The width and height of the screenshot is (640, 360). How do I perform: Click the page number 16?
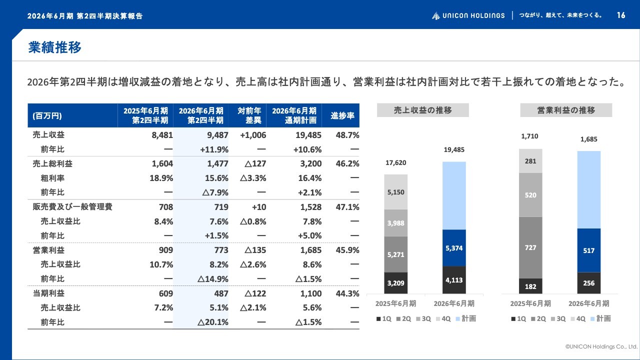pyautogui.click(x=621, y=15)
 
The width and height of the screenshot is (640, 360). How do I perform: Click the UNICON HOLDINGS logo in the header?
pyautogui.click(x=468, y=15)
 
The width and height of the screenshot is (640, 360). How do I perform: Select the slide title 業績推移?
pyautogui.click(x=54, y=47)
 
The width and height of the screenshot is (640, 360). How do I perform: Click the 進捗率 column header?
pyautogui.click(x=342, y=115)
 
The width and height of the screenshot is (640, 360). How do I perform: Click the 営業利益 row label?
pyautogui.click(x=48, y=250)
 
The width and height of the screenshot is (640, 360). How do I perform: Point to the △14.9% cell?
pyautogui.click(x=215, y=279)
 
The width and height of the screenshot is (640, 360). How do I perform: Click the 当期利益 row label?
pyautogui.click(x=48, y=293)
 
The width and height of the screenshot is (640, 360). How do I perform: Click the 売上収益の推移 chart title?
pyautogui.click(x=422, y=110)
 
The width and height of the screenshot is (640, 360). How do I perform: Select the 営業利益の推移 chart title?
pyautogui.click(x=566, y=110)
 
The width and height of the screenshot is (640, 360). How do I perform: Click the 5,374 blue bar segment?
pyautogui.click(x=454, y=247)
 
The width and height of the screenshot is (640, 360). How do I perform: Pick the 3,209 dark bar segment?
pyautogui.click(x=395, y=283)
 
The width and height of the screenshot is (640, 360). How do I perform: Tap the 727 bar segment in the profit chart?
pyautogui.click(x=530, y=247)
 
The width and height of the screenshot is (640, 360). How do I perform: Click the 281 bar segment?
pyautogui.click(x=530, y=161)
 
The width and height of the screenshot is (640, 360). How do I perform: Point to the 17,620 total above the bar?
pyautogui.click(x=395, y=162)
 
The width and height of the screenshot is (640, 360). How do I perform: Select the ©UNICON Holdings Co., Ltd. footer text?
pyautogui.click(x=601, y=346)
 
